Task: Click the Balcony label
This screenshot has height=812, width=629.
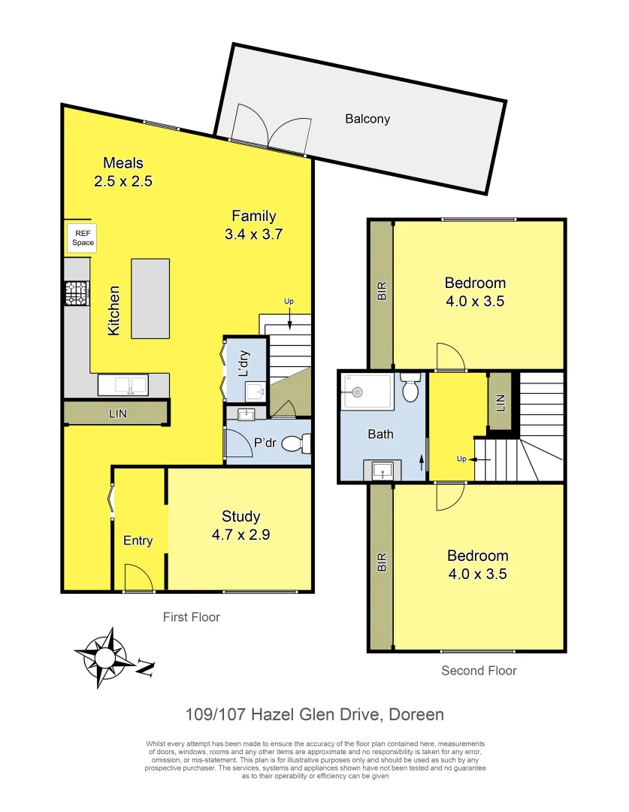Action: tap(367, 119)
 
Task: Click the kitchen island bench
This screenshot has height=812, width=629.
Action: tap(150, 298)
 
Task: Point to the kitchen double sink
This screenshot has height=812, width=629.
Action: tap(124, 386)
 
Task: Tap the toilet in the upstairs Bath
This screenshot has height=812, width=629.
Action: tap(410, 388)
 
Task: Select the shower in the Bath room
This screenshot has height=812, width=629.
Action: tap(367, 391)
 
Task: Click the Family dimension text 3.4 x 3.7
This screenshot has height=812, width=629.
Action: tap(254, 234)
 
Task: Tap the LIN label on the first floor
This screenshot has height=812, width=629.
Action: tap(116, 414)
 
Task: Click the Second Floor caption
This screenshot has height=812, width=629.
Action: tap(479, 671)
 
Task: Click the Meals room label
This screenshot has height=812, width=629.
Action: tap(123, 163)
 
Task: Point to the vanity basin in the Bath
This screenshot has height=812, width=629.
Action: tap(383, 471)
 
